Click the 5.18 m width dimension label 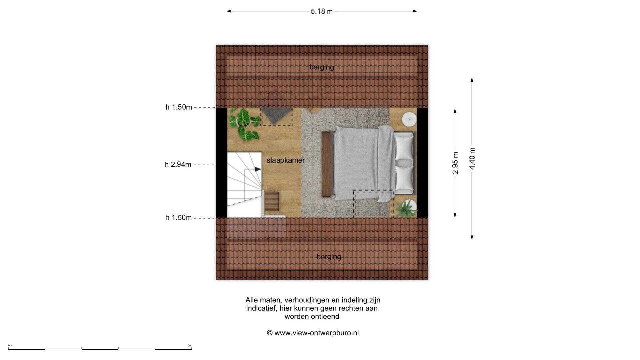322,11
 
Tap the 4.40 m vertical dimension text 472,158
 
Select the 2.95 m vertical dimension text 455,163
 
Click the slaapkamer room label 286,160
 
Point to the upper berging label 322,67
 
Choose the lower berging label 329,257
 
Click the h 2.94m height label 178,164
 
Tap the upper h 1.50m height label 179,107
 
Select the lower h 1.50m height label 179,218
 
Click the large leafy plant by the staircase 245,123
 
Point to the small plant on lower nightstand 406,208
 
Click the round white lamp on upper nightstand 409,119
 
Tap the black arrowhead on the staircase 258,169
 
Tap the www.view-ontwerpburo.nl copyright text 313,333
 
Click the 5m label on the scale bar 190,346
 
